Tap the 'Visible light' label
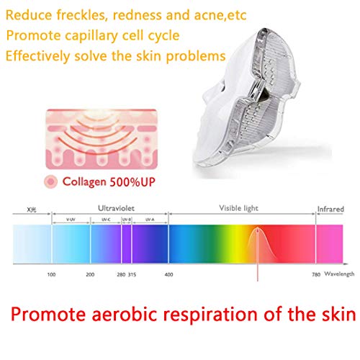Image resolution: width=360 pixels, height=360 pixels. tap(240, 209)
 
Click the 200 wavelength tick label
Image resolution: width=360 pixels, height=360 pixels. tap(90, 274)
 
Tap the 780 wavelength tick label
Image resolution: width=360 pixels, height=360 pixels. tap(315, 274)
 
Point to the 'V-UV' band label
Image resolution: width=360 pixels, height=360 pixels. tap(71, 218)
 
